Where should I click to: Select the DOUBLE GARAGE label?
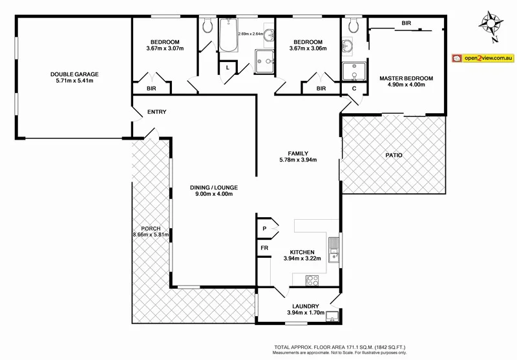(x=74, y=74)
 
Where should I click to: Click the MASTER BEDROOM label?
(x=406, y=78)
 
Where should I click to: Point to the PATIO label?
(x=394, y=155)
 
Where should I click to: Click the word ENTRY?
(x=156, y=112)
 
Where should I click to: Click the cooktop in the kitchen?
(x=312, y=280)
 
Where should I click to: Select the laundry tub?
(x=332, y=316)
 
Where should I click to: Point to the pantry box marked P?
(x=264, y=229)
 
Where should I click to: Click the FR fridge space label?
(x=264, y=248)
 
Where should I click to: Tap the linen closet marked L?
(x=227, y=67)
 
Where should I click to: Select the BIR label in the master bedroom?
(x=406, y=23)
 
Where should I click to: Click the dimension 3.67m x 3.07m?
(x=165, y=47)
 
